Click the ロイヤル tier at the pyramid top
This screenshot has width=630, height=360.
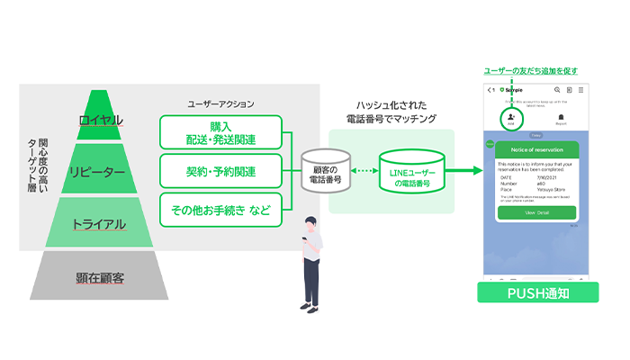point(101,121)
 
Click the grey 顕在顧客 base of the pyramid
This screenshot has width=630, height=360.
point(101,277)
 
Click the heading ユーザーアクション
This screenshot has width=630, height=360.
point(220,103)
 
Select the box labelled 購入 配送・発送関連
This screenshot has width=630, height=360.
point(220,132)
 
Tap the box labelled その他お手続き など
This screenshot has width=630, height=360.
point(220,211)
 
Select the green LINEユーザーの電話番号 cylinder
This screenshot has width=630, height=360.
point(410,171)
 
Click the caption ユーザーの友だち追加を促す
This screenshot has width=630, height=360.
point(536,71)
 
